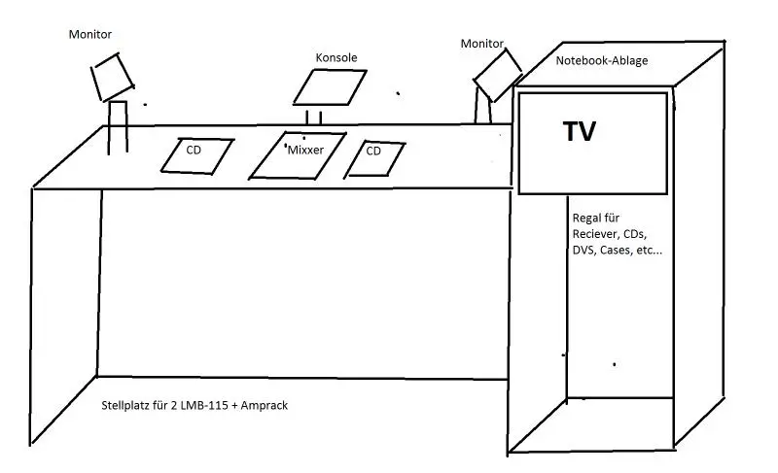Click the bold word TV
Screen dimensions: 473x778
click(x=580, y=132)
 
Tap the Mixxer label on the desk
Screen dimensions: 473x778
click(x=305, y=151)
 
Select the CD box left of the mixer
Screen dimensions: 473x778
click(x=194, y=155)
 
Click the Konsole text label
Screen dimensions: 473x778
click(x=336, y=57)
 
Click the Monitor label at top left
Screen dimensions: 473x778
click(x=90, y=34)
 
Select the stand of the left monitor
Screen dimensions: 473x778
click(x=118, y=127)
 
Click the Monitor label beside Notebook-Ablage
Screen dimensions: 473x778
click(x=482, y=44)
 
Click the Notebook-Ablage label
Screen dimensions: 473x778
click(x=602, y=60)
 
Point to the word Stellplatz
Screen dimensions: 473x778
click(x=125, y=405)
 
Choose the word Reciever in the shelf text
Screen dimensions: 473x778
click(x=595, y=235)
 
